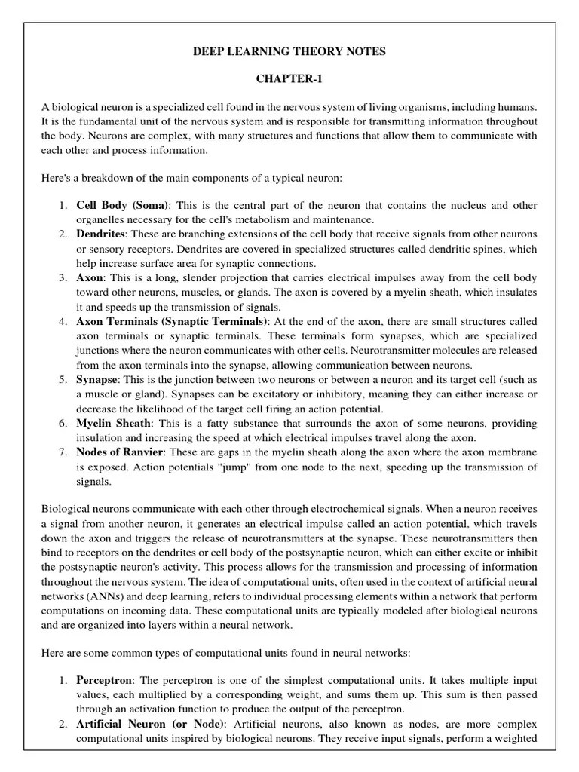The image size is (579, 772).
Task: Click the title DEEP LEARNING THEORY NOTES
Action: click(289, 51)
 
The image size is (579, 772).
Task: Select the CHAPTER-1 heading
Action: click(289, 79)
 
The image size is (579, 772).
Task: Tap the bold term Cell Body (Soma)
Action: click(124, 205)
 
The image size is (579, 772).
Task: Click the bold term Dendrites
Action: click(101, 234)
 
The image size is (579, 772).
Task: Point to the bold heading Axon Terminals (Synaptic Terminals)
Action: click(171, 321)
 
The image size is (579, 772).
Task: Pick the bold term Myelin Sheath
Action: click(114, 423)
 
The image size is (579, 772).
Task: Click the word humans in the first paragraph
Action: click(516, 107)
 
